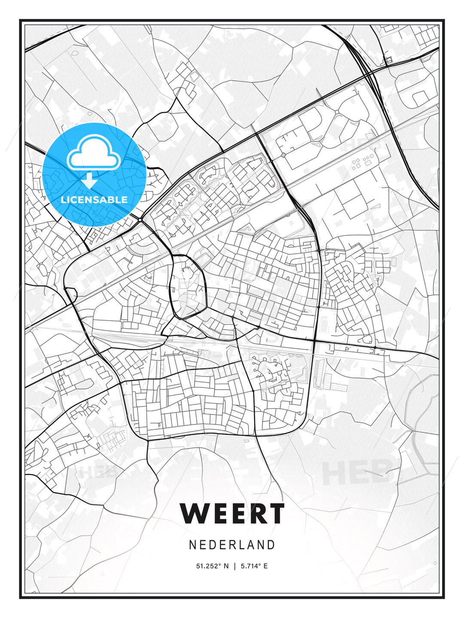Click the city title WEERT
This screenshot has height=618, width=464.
click(232, 513)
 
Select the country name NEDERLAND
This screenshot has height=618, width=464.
click(232, 545)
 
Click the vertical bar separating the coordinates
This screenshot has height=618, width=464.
click(235, 566)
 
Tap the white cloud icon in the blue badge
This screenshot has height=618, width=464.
click(93, 152)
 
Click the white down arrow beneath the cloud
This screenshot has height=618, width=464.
click(89, 181)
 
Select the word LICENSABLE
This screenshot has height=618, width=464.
click(94, 200)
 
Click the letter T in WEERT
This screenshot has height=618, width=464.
click(275, 513)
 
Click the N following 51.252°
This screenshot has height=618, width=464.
click(226, 566)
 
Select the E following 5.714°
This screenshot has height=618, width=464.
click(266, 566)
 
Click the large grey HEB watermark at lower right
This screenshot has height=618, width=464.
click(357, 471)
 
